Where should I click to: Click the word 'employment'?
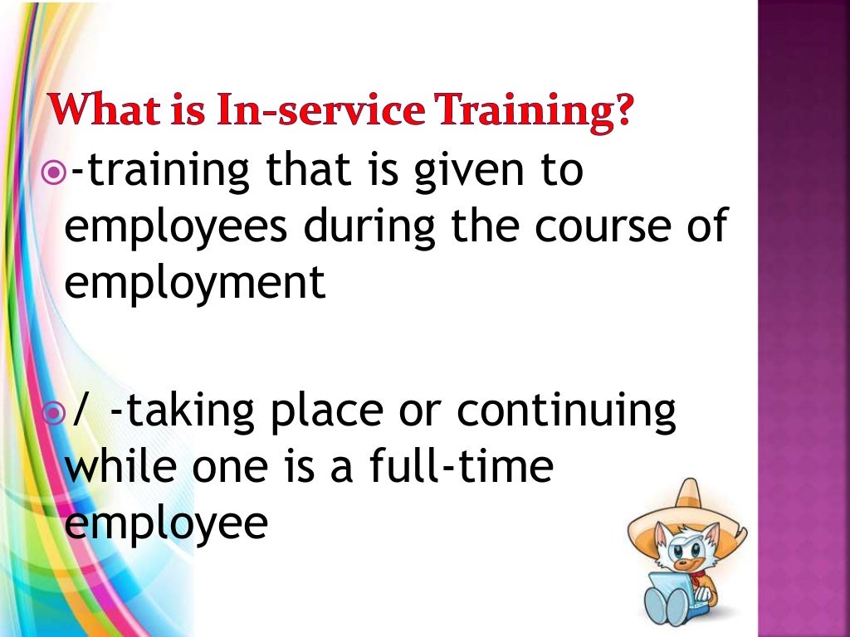pos(195,282)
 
